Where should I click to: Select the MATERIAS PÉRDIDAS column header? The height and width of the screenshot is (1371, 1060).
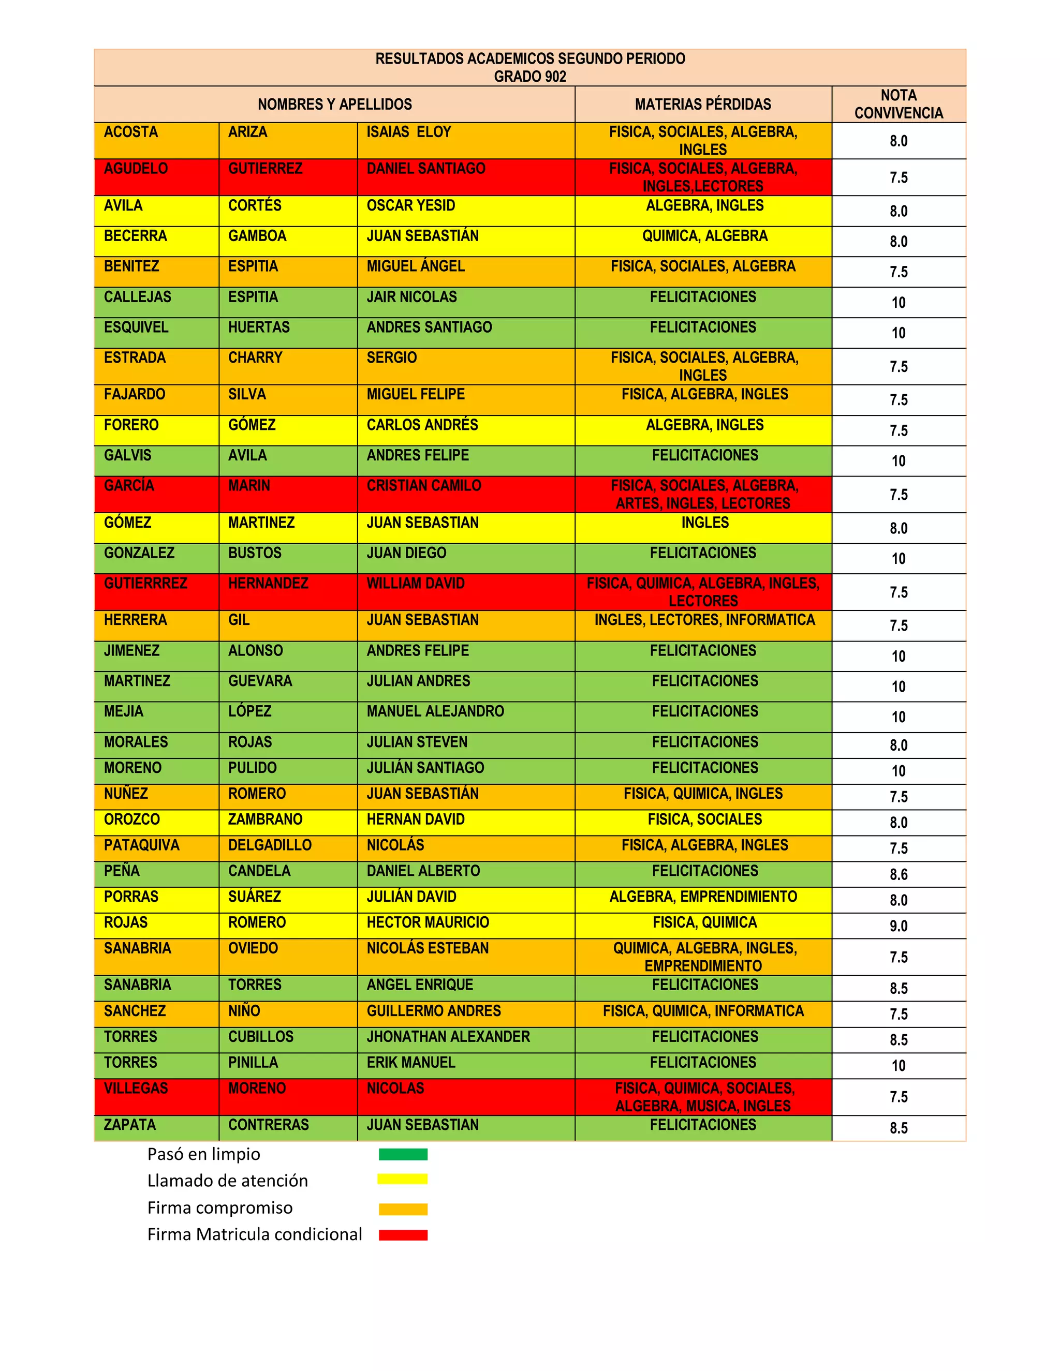coord(703,104)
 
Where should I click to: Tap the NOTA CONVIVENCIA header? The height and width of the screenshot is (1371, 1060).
coord(898,104)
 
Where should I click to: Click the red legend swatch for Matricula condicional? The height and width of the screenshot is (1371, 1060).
coord(403,1235)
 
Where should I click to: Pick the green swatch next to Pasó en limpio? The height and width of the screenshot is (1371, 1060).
coord(403,1154)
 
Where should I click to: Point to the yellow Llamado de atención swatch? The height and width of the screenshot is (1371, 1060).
coord(403,1180)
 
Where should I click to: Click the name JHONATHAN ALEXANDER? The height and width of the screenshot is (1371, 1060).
coord(448,1036)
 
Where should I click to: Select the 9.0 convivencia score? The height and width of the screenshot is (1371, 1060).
coord(898,926)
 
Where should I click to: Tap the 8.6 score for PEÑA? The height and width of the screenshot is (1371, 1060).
coord(898,874)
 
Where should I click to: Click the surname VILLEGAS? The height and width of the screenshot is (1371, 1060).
coord(136,1088)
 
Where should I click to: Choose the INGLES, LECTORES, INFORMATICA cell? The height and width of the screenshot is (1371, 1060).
coord(704,620)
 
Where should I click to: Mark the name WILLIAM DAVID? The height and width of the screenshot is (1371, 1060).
coord(415,583)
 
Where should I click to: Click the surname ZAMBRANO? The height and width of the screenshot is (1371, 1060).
coord(265,819)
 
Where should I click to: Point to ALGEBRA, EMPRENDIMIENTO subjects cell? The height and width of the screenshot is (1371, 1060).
coord(703,897)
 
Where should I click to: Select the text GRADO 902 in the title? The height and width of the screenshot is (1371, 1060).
coord(529,77)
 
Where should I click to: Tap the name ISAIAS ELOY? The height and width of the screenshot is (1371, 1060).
coord(409,132)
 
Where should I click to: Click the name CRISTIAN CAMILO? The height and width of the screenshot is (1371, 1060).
coord(424,486)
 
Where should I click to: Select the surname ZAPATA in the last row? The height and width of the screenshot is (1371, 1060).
coord(129,1124)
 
